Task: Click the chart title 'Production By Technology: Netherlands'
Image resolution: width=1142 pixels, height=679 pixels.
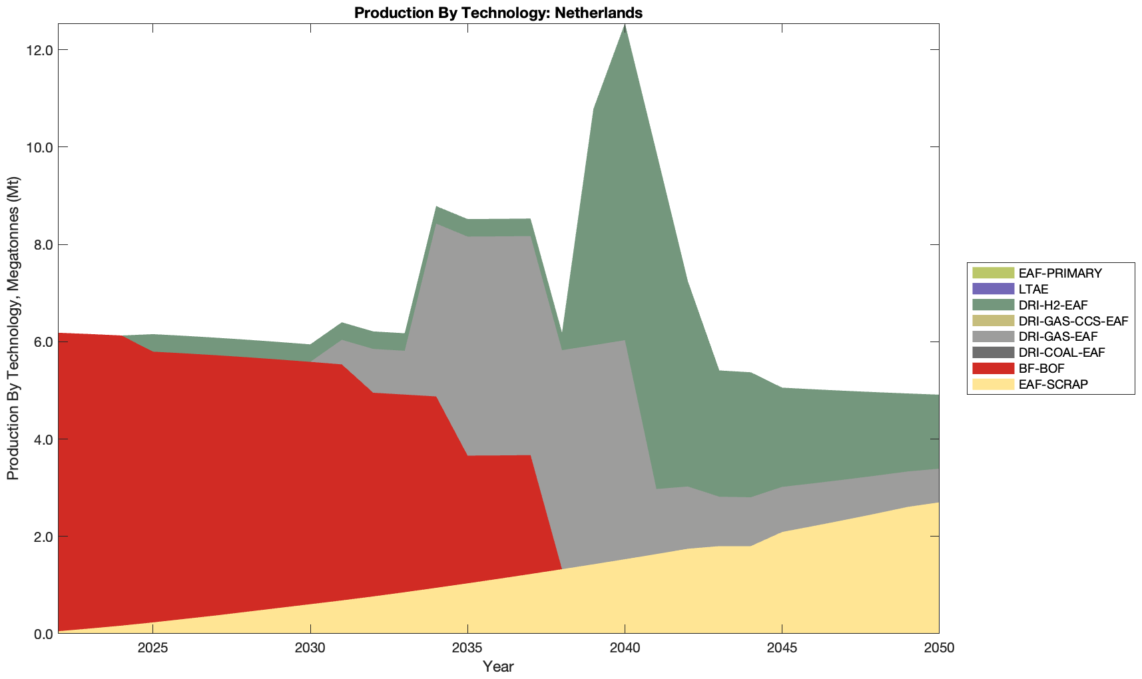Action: (498, 13)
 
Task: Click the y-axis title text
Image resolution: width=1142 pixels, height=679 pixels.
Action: (13, 328)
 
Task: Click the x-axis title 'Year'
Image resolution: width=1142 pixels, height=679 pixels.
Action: (498, 666)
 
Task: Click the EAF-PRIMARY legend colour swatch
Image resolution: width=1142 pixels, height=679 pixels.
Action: (993, 273)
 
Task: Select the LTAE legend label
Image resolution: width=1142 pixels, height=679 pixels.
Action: (1033, 289)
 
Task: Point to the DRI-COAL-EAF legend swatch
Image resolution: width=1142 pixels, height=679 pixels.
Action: (993, 352)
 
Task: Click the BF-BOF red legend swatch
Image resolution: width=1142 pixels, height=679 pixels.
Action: (993, 368)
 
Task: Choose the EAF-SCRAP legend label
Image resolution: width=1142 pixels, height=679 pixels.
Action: (1053, 384)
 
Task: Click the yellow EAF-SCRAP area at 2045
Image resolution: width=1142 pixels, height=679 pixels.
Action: (782, 586)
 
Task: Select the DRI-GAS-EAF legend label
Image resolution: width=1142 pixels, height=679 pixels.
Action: (1058, 337)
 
